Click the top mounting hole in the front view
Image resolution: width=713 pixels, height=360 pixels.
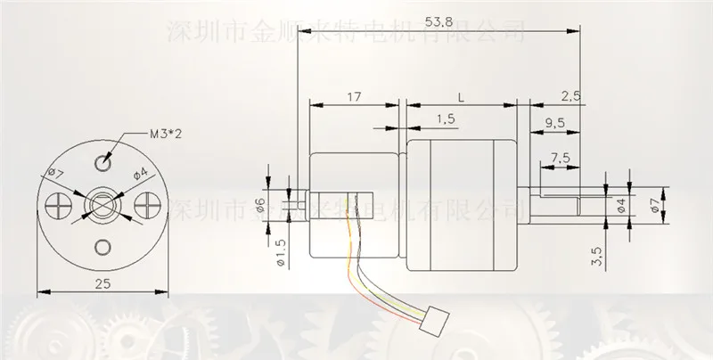103,164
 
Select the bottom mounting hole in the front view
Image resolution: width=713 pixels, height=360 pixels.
103,247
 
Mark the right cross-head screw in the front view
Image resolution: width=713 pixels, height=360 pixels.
144,205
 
